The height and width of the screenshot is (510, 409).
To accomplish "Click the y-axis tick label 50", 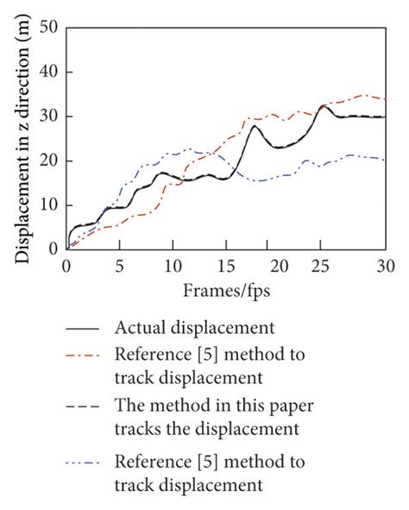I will click(47, 28).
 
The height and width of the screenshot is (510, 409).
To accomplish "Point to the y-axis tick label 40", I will click(47, 72).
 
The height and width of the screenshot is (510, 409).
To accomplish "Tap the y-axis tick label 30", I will click(47, 116).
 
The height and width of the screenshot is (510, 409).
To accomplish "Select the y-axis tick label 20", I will click(47, 161).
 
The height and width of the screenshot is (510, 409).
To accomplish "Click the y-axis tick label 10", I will click(47, 205).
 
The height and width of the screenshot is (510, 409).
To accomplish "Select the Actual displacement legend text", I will click(194, 328).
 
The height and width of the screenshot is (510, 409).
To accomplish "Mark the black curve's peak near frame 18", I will click(255, 126).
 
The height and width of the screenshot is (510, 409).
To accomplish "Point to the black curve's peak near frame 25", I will click(324, 106).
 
